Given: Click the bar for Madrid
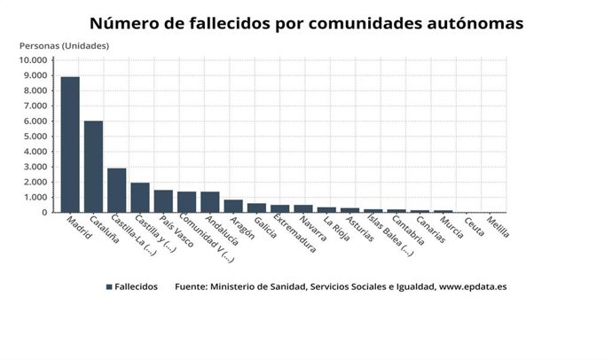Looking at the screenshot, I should (x=70, y=145).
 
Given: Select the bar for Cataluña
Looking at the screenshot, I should (x=93, y=167).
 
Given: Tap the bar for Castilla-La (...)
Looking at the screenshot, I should (x=117, y=190).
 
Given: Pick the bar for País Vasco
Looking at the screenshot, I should (x=163, y=201).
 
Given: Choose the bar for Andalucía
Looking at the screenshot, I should (x=210, y=202).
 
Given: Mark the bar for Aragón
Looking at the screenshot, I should (x=233, y=206).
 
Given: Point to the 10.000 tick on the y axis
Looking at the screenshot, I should (x=33, y=60).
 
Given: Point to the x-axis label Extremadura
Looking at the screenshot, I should (x=294, y=235).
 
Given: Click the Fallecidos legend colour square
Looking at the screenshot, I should (x=108, y=287).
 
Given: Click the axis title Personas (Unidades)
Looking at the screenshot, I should (x=64, y=44).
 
